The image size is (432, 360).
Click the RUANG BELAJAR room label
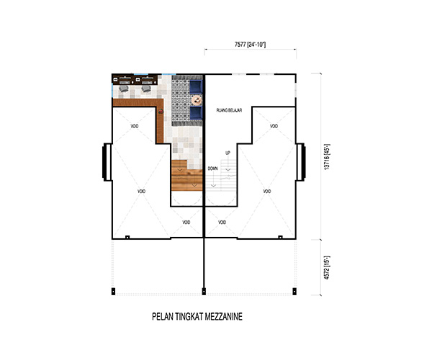[229, 110]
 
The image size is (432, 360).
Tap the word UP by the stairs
[228, 153]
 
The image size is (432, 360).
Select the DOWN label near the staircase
[212, 168]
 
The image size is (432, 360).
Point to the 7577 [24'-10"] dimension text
[250, 45]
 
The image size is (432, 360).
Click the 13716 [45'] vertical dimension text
[327, 157]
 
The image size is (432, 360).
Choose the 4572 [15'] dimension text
[327, 268]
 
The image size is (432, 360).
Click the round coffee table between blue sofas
[197, 100]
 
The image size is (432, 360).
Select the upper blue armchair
[196, 86]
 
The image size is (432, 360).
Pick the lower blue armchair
[196, 113]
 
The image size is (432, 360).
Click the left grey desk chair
[124, 89]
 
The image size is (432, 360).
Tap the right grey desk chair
[145, 89]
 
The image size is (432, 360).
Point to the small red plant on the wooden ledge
[161, 112]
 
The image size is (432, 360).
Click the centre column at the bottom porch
[204, 291]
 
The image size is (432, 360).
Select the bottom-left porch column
[113, 292]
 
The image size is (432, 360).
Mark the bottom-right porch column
[294, 292]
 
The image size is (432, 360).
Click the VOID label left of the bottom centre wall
[186, 222]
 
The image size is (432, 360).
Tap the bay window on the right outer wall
[300, 162]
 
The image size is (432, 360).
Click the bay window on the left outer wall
[107, 162]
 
